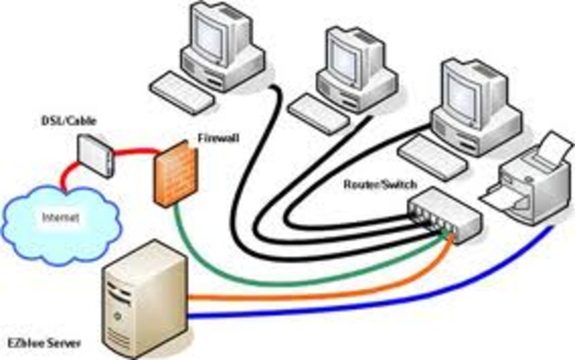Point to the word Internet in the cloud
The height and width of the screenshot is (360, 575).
pyautogui.click(x=57, y=217)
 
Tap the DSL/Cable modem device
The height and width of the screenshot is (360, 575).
pyautogui.click(x=93, y=154)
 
